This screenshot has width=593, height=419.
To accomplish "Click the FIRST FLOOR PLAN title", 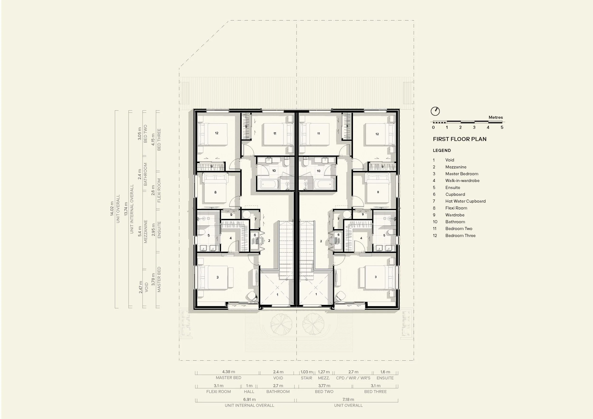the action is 460,139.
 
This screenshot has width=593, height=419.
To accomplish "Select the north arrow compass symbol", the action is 435,111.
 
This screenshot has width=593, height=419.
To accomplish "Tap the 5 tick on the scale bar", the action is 502,127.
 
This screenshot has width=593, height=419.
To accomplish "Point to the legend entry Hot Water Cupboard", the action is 465,201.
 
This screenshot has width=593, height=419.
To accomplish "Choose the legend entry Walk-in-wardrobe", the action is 462,181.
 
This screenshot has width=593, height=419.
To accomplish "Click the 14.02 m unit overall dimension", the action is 112,209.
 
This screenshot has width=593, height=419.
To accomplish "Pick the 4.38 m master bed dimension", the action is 229,372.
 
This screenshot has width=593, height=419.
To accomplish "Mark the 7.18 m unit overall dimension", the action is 348,399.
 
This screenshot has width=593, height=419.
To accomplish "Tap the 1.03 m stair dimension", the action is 306,372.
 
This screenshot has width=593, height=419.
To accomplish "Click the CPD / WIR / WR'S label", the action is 353,378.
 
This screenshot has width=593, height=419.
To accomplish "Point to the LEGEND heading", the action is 442,150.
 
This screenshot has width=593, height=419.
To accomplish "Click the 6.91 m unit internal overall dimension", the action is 250,399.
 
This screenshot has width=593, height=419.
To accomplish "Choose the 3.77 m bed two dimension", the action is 324,386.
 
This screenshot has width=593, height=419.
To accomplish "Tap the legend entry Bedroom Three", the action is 460,236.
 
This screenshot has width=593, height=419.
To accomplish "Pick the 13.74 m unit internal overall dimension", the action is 126,209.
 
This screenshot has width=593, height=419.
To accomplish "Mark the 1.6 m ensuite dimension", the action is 385,372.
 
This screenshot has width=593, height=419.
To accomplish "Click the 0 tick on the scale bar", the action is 433,127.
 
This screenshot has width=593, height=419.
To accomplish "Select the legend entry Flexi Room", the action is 456,208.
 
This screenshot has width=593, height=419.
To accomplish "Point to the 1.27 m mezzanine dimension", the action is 324,372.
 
